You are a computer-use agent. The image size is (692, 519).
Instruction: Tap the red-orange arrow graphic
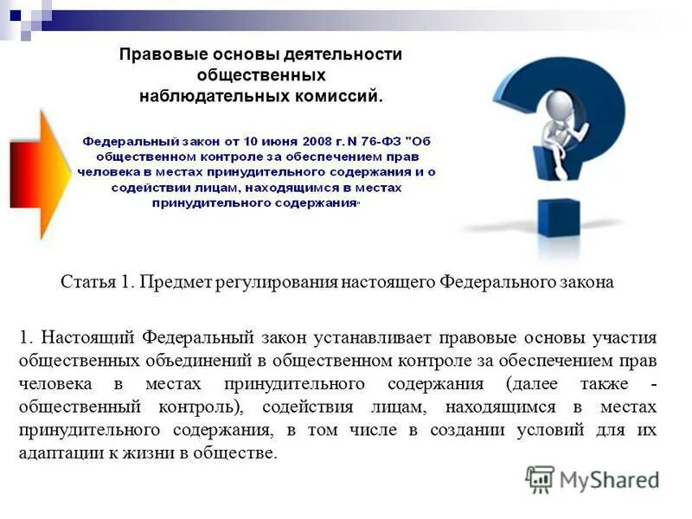click(38, 174)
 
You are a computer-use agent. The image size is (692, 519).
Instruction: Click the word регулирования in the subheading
click(277, 282)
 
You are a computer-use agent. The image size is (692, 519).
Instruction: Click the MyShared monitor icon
click(541, 479)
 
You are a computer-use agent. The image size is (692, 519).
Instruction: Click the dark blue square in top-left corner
click(15, 15)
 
